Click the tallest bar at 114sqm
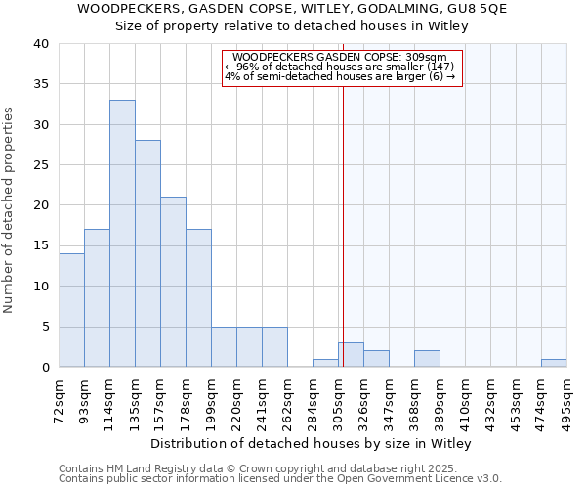[x=122, y=234]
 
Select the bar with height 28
[x=147, y=253]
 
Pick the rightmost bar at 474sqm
[x=554, y=363]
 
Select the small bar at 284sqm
[x=325, y=363]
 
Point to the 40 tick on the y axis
[x=41, y=44]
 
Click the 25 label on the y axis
[x=41, y=165]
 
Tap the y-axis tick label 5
[x=45, y=327]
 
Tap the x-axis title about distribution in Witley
[x=312, y=444]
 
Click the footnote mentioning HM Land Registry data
[x=279, y=468]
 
